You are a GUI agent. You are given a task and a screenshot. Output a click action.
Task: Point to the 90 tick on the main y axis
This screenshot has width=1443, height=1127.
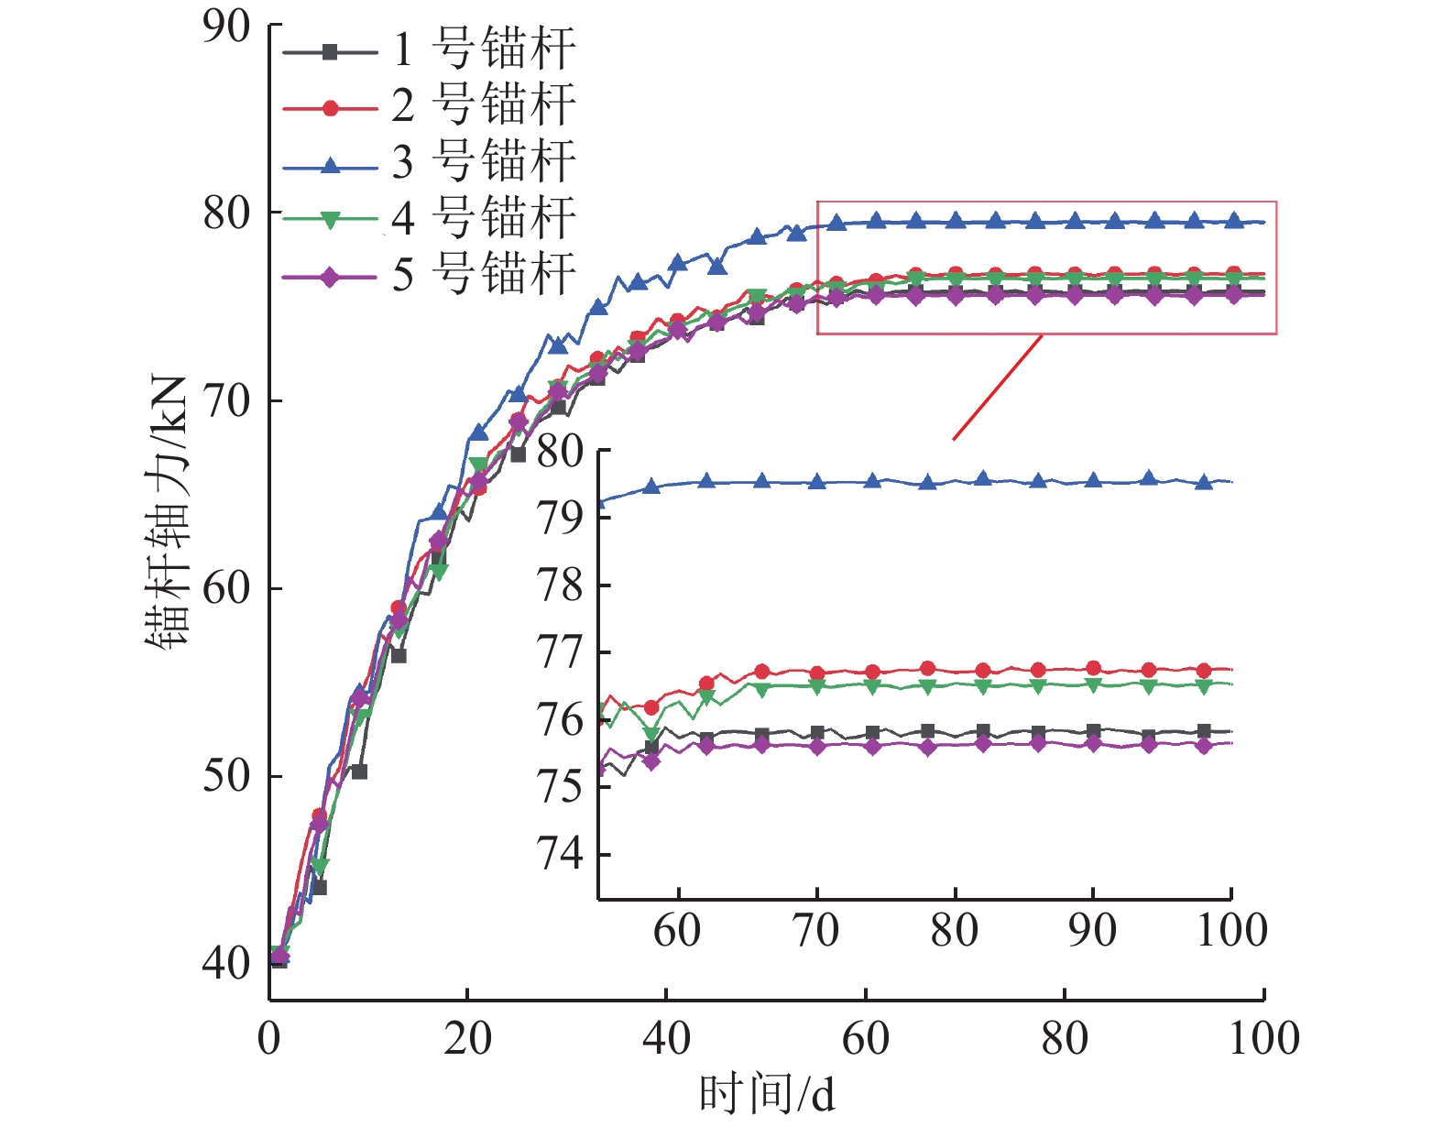click(225, 27)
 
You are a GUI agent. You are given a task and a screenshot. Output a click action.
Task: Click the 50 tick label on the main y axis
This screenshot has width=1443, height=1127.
click(225, 776)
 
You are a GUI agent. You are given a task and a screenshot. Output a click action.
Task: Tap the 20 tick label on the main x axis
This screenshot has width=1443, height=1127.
click(467, 1039)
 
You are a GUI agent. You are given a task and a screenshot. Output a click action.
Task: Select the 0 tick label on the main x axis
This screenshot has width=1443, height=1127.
click(269, 1039)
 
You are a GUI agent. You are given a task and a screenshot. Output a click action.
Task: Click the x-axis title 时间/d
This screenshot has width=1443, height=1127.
click(767, 1094)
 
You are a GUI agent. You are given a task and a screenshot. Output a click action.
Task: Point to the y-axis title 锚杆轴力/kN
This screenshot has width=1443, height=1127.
click(168, 513)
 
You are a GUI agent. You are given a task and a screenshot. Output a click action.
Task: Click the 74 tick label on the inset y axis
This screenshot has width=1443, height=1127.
click(560, 854)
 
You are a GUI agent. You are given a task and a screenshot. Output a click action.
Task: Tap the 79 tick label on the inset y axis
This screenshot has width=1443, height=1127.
click(560, 519)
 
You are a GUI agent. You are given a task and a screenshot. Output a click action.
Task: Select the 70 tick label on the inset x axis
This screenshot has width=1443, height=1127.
click(815, 931)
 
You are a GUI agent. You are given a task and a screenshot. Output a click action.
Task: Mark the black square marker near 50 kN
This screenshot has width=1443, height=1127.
click(359, 771)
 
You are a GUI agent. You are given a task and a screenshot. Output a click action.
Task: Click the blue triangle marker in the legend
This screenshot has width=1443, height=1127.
click(331, 165)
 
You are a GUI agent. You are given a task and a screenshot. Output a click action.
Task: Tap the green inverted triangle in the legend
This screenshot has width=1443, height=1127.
click(331, 220)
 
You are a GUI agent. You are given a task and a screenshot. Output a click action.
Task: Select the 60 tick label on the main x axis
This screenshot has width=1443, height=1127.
click(866, 1039)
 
